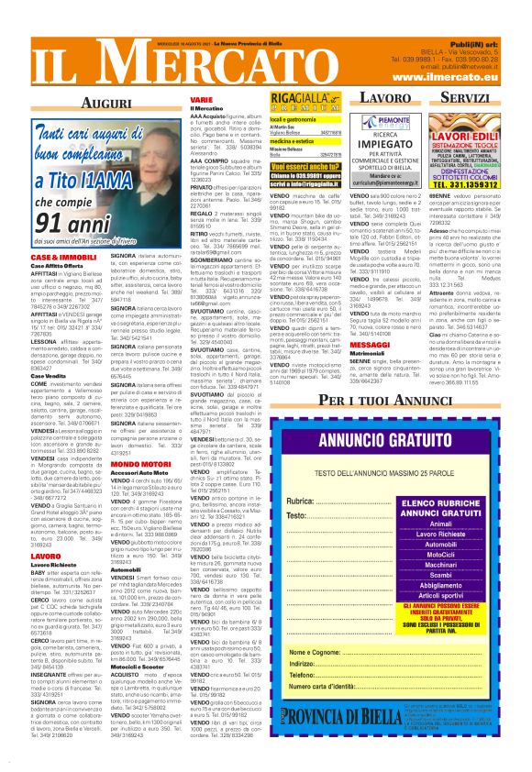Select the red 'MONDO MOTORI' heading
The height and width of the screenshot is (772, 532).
pyautogui.click(x=150, y=465)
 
